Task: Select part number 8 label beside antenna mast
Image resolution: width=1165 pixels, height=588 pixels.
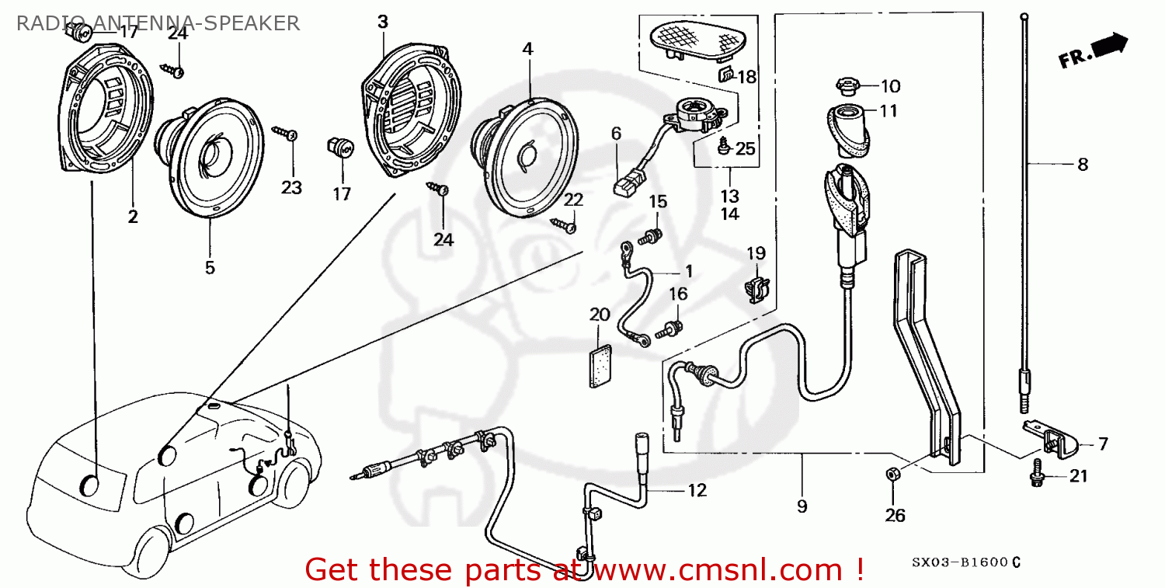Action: click(x=1082, y=165)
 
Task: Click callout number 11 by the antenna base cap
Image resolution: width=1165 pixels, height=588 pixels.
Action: click(x=888, y=111)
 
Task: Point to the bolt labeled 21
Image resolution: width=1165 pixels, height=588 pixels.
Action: click(x=1036, y=475)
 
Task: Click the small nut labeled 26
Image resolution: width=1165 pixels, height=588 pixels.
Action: click(x=893, y=473)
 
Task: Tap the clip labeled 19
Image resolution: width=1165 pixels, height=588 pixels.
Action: click(x=754, y=288)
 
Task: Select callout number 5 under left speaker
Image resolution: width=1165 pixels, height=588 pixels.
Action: click(x=210, y=267)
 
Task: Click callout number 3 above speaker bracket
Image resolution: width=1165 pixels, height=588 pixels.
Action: click(x=382, y=22)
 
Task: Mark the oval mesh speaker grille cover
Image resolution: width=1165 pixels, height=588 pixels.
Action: click(x=694, y=38)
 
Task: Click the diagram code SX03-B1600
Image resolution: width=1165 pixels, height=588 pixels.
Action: click(x=958, y=562)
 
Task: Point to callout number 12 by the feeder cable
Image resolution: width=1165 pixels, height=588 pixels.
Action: click(x=697, y=490)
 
